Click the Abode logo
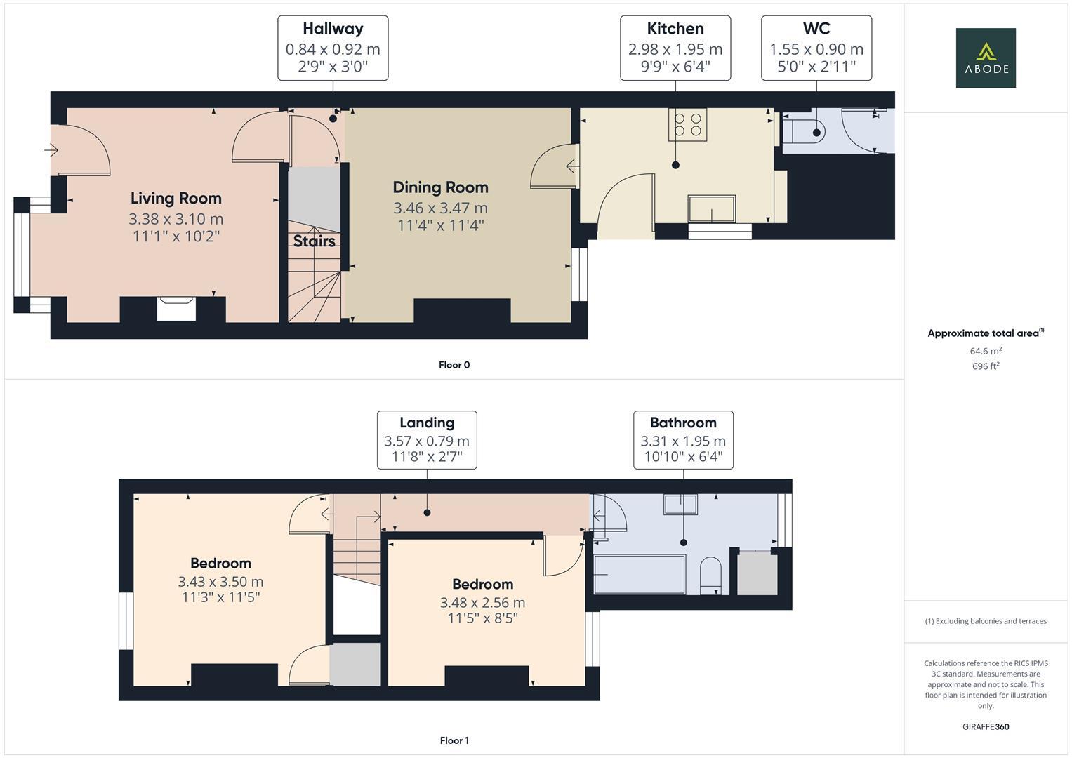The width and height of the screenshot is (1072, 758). click(x=985, y=58)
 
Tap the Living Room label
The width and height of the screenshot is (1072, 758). click(x=176, y=199)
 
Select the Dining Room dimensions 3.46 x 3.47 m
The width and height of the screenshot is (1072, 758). click(x=440, y=208)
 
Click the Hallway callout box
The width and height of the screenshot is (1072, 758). click(x=333, y=48)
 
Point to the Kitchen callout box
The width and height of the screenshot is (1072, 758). click(x=675, y=48)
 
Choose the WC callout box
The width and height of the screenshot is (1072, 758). click(x=816, y=48)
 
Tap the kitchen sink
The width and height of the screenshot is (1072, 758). click(x=712, y=209)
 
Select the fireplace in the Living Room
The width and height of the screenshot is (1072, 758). click(x=176, y=308)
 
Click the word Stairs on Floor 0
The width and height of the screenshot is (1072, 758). click(x=314, y=241)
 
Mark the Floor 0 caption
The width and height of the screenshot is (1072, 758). click(x=454, y=365)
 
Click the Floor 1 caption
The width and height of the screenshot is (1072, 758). click(x=454, y=740)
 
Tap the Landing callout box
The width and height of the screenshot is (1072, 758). click(x=427, y=440)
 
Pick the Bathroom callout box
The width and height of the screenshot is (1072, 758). click(x=683, y=440)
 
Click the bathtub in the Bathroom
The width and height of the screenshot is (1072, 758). click(x=639, y=575)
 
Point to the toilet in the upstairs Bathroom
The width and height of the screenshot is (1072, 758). click(x=710, y=575)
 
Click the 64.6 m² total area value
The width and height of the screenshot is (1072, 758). click(x=985, y=351)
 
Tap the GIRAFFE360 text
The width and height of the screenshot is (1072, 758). click(x=985, y=727)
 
